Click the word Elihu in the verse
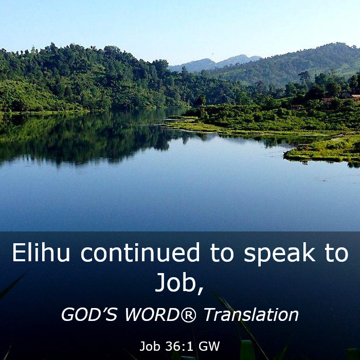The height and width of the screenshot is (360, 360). click(41, 253)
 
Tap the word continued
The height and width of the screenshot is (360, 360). click(140, 253)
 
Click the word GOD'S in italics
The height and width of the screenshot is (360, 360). click(89, 314)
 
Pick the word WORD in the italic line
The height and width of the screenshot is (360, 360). click(152, 314)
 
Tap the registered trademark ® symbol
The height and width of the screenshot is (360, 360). click(189, 314)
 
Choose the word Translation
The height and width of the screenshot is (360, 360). click(251, 314)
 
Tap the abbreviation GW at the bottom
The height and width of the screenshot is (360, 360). click(209, 346)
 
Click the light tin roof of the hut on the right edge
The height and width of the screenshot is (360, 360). click(355, 96)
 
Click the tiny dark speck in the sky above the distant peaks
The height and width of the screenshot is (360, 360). click(213, 54)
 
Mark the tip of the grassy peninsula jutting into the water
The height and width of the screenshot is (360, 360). click(285, 156)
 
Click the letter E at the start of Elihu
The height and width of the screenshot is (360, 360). click(18, 253)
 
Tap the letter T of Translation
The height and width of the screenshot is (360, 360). click(209, 314)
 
